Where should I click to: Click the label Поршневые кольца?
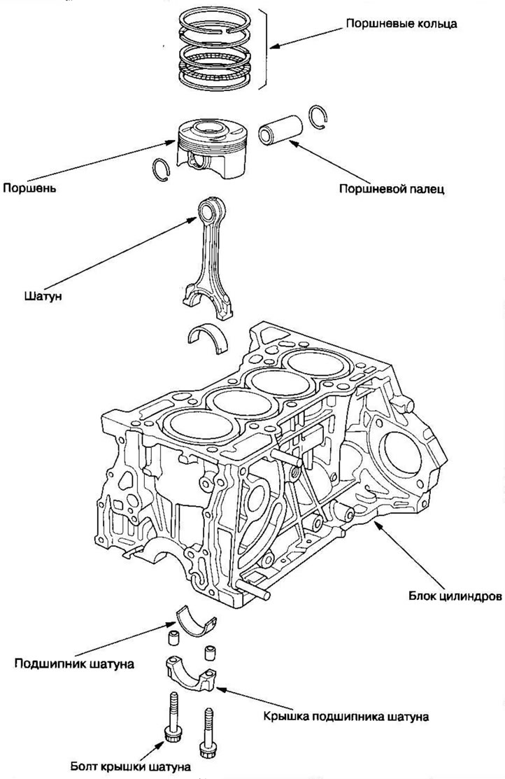point(401,24)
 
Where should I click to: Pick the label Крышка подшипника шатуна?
point(346,716)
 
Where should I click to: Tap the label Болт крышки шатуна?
point(131,766)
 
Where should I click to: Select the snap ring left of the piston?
point(161,168)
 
